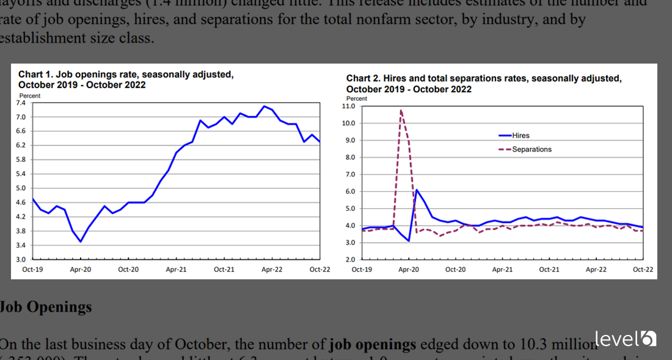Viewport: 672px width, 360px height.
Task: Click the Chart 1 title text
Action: tap(125, 79)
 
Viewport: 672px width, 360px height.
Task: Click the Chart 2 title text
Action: tap(483, 84)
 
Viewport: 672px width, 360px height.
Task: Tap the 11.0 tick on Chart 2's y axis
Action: tap(349, 106)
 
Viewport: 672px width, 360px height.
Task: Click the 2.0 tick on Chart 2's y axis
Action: tap(351, 260)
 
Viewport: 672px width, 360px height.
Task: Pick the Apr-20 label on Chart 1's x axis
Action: tap(80, 270)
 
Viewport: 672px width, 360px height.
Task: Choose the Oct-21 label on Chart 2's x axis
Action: tap(549, 270)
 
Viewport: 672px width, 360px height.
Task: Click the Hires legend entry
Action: tap(520, 136)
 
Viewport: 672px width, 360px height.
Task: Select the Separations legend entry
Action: tap(531, 149)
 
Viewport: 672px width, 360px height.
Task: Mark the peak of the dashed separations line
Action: tap(401, 110)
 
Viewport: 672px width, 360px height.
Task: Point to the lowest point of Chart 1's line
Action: tap(80, 241)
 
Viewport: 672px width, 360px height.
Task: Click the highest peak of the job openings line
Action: tap(264, 106)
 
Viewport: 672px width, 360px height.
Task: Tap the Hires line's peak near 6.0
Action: tap(417, 190)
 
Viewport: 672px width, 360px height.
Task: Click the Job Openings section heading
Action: tap(46, 307)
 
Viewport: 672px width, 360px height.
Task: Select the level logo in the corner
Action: tap(625, 338)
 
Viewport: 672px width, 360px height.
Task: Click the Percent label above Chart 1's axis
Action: tap(29, 96)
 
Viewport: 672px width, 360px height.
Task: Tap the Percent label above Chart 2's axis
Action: tap(357, 98)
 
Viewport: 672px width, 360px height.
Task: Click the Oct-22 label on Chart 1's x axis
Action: tap(320, 270)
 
